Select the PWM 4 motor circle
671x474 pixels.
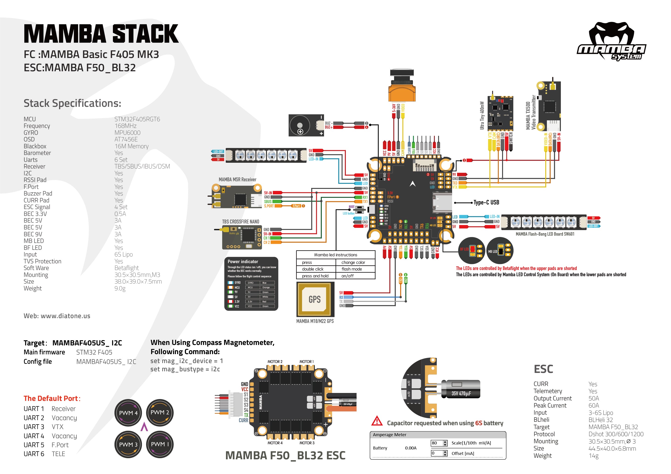[x=128, y=413]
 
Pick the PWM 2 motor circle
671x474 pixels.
[x=159, y=412]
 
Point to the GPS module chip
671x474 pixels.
[x=315, y=299]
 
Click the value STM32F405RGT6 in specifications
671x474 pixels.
[x=137, y=119]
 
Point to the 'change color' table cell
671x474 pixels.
[x=353, y=262]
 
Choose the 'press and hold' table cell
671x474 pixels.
[x=315, y=276]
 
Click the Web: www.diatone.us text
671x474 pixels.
[x=57, y=316]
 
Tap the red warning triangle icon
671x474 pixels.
[x=377, y=421]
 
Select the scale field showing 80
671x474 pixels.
[x=437, y=443]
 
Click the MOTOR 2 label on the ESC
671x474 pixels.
[x=275, y=362]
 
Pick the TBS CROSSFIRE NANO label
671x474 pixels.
[x=240, y=222]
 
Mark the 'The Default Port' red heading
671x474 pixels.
[x=52, y=398]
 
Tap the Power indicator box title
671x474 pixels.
[x=243, y=262]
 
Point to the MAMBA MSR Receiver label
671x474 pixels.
[x=237, y=179]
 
